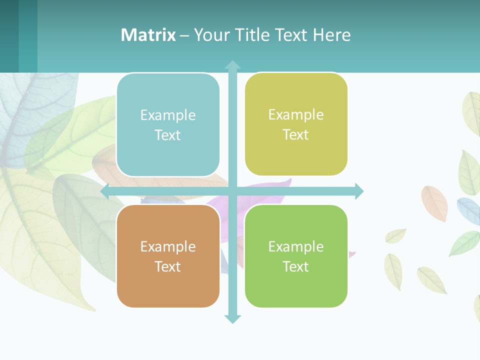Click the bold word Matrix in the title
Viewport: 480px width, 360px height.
click(148, 35)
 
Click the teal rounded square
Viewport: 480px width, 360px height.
click(168, 125)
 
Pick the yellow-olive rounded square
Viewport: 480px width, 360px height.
click(296, 124)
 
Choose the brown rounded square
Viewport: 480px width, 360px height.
click(168, 256)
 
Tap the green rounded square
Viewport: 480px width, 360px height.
click(296, 256)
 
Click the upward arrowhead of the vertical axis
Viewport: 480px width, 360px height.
click(232, 65)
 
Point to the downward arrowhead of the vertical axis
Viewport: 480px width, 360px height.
click(232, 319)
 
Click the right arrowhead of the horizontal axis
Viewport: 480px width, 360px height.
click(359, 191)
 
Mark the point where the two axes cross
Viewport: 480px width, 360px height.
click(232, 191)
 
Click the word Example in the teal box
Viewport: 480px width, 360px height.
click(168, 115)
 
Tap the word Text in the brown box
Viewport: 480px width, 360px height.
click(168, 266)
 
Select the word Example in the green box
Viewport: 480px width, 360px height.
click(296, 246)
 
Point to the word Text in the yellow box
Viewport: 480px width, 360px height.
click(296, 135)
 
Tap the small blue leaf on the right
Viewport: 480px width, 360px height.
click(468, 210)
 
